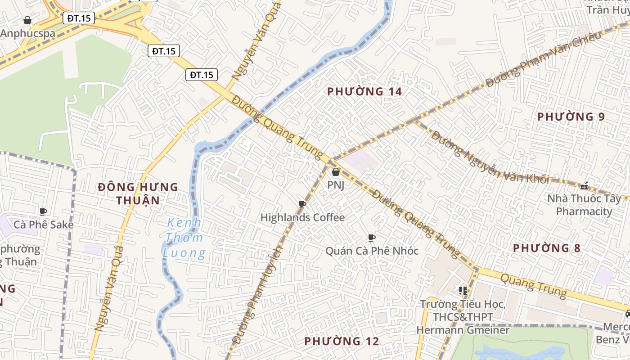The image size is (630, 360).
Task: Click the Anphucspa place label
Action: (x=28, y=33)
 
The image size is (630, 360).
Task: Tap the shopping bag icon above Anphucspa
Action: (x=27, y=20)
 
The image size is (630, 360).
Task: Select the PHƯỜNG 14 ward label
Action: (x=364, y=92)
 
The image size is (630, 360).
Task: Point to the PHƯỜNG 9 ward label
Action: (x=571, y=117)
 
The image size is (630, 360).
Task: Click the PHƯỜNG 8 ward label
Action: (x=547, y=248)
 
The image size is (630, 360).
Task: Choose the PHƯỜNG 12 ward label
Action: (x=342, y=341)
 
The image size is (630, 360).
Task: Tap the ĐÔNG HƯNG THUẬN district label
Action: (x=138, y=193)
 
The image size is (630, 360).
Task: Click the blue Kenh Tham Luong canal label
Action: (x=184, y=238)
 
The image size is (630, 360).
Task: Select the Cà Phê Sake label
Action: (x=44, y=225)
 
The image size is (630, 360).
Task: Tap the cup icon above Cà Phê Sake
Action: (x=43, y=211)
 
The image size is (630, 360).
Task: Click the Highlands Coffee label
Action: (x=303, y=218)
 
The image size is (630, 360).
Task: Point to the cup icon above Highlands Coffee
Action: (x=302, y=205)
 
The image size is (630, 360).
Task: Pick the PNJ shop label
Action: (x=336, y=185)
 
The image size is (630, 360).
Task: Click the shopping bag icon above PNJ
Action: (x=335, y=171)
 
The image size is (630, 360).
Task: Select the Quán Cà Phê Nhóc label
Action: (x=372, y=251)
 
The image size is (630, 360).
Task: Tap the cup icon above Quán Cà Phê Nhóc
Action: (x=371, y=238)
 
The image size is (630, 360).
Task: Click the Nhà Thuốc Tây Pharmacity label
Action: (x=584, y=205)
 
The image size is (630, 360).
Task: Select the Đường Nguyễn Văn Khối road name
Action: (x=490, y=157)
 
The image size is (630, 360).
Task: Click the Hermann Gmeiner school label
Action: (x=463, y=317)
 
